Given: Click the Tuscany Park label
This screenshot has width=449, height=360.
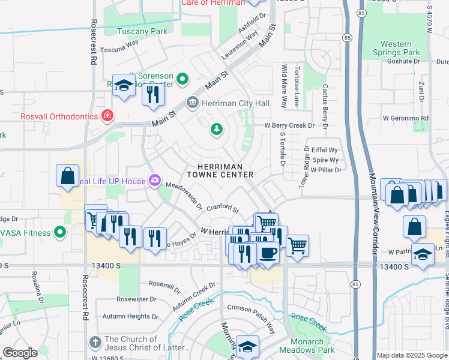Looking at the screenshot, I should tap(142, 31).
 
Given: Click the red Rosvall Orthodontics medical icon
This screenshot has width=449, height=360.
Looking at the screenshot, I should tap(107, 115).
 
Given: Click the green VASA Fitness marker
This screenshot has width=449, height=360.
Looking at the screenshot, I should tap(59, 232).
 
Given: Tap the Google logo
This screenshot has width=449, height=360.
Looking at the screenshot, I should tap(20, 353).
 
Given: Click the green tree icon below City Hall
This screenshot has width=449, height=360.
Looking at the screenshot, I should tap(215, 129).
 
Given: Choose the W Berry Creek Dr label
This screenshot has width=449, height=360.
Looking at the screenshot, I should tap(290, 125).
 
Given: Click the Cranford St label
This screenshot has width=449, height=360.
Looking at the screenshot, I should tap(223, 209).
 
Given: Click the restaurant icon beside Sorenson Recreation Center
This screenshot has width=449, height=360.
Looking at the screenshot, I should tap(154, 94).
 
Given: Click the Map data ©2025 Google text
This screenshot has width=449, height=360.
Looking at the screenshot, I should tap(412, 355).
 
